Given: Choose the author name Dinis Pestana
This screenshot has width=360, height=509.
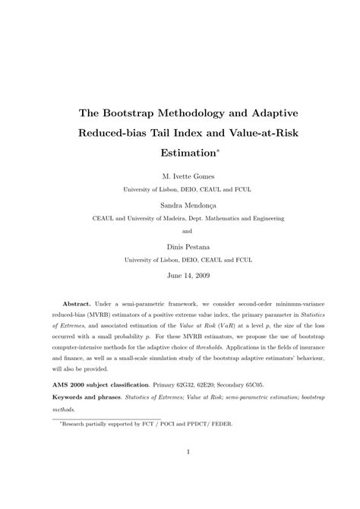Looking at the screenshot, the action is (179, 245).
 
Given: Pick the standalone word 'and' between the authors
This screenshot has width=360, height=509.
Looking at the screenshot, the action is (179, 231).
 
